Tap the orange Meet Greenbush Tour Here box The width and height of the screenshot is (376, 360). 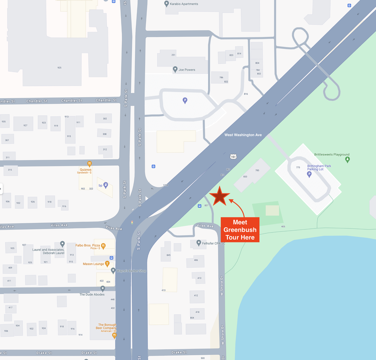click(240, 230)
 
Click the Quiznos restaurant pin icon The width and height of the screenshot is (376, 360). click(89, 164)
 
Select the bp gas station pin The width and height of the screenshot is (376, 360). click(106, 185)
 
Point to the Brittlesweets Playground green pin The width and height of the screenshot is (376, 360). click(348, 160)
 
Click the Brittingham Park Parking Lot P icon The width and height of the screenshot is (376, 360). click(309, 174)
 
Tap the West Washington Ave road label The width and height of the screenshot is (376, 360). click(243, 135)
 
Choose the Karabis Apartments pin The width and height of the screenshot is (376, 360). click(167, 4)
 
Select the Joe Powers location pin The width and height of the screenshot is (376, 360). click(175, 70)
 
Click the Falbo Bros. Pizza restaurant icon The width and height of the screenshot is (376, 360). click(103, 246)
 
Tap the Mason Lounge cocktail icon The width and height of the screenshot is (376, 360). click(107, 264)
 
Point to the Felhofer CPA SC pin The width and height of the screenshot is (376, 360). click(199, 243)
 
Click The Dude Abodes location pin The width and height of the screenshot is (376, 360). click(103, 289)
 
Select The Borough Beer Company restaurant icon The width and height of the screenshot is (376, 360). click(114, 336)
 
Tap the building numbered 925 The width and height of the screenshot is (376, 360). click(59, 68)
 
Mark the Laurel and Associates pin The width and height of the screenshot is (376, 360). click(62, 244)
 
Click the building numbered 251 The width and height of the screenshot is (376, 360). click(173, 55)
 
